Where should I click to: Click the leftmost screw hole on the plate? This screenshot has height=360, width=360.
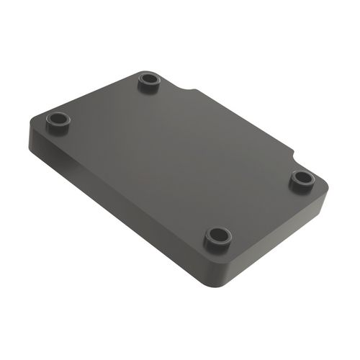[58, 117]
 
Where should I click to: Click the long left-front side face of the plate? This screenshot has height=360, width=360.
[115, 209]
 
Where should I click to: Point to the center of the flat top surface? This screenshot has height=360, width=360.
[180, 158]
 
